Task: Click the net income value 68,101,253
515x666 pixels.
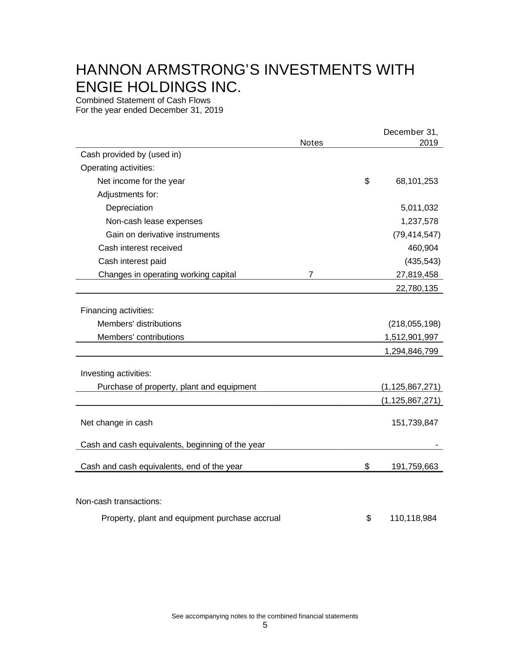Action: [416, 181]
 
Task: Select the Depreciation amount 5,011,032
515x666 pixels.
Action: [419, 208]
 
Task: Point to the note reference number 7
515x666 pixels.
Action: [311, 275]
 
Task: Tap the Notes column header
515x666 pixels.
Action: [311, 142]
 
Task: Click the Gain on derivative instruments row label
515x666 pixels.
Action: [163, 235]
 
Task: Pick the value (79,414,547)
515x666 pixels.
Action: [416, 235]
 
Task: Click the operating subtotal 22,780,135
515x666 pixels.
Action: [416, 288]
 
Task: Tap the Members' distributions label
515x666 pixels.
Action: [139, 324]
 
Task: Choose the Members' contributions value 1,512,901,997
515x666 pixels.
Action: [411, 337]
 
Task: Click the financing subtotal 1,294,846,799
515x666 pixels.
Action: [411, 351]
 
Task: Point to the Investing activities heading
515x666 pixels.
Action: [116, 374]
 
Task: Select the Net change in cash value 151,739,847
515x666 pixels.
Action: [414, 423]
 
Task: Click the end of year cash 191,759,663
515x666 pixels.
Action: [414, 466]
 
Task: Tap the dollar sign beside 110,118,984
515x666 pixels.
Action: [369, 518]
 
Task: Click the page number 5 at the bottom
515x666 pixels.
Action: [265, 626]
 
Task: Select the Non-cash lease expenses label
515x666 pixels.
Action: [154, 222]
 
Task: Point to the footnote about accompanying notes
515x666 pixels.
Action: [265, 616]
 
